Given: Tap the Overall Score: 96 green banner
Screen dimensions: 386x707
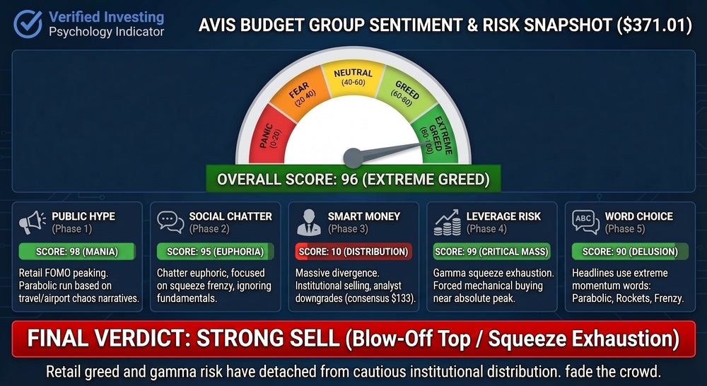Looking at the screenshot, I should (x=353, y=179).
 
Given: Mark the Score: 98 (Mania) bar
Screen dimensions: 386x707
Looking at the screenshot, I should (x=76, y=251).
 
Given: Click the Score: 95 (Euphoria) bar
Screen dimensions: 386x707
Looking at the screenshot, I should (x=215, y=251).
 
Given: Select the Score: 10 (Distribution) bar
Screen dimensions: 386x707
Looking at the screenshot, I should (x=353, y=251).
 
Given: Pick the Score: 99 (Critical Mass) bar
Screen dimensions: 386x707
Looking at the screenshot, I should (x=492, y=251).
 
